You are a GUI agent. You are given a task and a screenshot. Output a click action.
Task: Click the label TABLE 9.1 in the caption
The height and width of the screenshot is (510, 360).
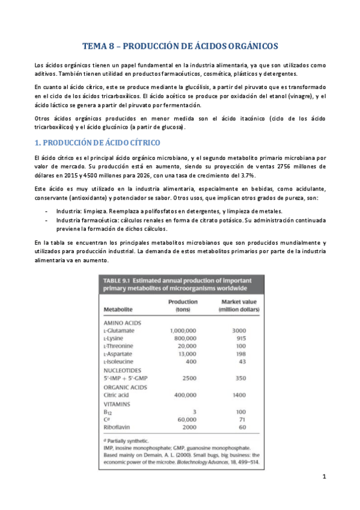(119, 281)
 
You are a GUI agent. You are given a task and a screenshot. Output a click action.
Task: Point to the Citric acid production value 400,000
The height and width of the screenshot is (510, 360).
(185, 395)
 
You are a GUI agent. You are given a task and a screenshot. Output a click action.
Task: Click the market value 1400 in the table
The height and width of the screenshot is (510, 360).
(240, 395)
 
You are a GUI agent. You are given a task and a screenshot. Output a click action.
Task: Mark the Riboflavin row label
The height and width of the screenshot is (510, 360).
(117, 427)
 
